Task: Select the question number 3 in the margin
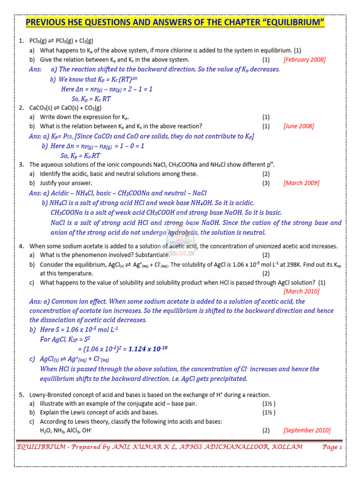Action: (x=22, y=164)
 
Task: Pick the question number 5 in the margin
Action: (x=22, y=395)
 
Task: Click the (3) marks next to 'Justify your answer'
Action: (x=266, y=183)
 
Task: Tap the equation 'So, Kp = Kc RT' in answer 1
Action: (x=91, y=99)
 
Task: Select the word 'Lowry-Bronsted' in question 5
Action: (x=51, y=395)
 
